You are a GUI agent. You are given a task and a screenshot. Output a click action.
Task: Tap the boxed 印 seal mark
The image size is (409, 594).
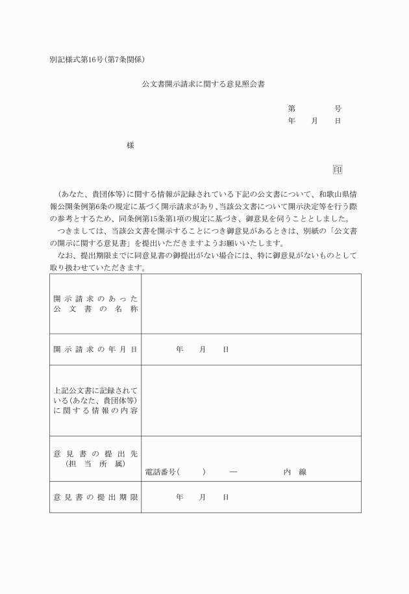click(337, 169)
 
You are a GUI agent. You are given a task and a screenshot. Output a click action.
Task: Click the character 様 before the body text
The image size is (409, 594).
click(130, 145)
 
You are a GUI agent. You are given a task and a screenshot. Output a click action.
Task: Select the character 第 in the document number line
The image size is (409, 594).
click(291, 108)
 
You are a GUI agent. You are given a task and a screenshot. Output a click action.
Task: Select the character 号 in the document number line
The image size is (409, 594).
click(338, 108)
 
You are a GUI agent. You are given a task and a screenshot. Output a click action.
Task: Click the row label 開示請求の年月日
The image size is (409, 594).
click(95, 349)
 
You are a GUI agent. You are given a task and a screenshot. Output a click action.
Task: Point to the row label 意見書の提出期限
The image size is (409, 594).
click(95, 497)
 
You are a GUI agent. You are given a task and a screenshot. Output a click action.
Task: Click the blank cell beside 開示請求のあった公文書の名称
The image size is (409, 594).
click(251, 304)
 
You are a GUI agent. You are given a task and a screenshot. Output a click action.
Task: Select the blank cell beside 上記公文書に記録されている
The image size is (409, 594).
click(251, 400)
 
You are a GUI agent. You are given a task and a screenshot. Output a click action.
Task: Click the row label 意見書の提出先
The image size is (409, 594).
click(95, 452)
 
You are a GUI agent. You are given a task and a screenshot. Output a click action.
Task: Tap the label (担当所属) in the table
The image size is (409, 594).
click(95, 464)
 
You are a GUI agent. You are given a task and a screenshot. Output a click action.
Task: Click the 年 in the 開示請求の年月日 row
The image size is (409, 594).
click(180, 349)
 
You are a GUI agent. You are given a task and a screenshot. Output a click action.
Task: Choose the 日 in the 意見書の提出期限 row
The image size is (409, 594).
click(225, 497)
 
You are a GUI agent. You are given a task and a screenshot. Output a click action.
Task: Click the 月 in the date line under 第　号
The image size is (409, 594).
click(315, 121)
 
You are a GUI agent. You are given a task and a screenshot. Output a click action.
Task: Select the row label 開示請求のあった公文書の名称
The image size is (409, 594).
click(95, 304)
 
